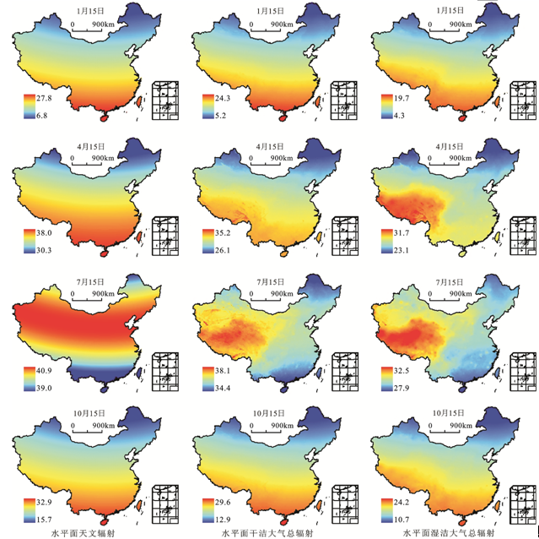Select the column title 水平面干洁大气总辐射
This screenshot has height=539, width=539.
[x=261, y=532]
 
